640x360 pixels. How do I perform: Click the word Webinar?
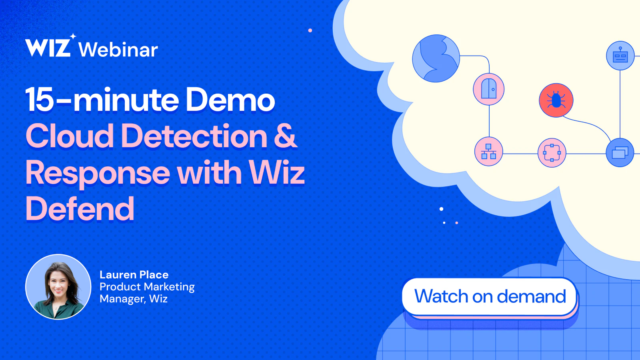coord(118,50)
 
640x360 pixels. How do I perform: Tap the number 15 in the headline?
coord(39,100)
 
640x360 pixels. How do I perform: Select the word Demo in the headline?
coord(230,100)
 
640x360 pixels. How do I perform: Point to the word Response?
coord(98,174)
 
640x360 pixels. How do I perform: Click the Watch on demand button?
coord(490,296)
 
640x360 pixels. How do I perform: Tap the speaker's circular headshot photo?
coord(58,286)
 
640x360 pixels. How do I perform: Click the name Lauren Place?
coord(134,274)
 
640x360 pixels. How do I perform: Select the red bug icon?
coord(556,100)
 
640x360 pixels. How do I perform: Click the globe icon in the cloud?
coord(436,58)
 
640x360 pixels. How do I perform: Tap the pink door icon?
coord(488,89)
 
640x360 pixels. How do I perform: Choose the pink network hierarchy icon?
coord(488,152)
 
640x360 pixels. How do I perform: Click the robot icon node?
coord(620,56)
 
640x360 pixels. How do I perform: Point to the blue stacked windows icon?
coord(620,152)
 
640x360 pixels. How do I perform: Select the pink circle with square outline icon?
coord(552,153)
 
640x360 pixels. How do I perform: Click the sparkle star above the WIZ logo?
coord(73,36)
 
